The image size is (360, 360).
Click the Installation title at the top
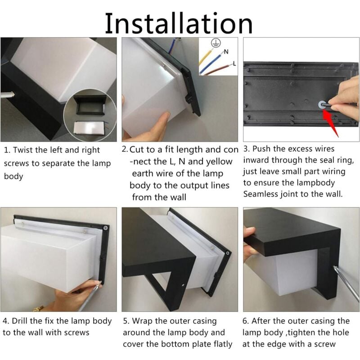click(x=179, y=23)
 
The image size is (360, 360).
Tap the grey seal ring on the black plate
click(x=321, y=105)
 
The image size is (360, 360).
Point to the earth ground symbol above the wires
click(x=216, y=43)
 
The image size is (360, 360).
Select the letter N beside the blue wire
click(x=226, y=52)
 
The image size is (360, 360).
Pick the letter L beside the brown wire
click(x=234, y=63)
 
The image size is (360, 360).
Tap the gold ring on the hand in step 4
click(x=38, y=308)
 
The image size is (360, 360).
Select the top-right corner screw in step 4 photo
click(x=106, y=228)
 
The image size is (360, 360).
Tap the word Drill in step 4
click(x=19, y=321)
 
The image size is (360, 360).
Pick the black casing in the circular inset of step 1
click(x=91, y=105)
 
